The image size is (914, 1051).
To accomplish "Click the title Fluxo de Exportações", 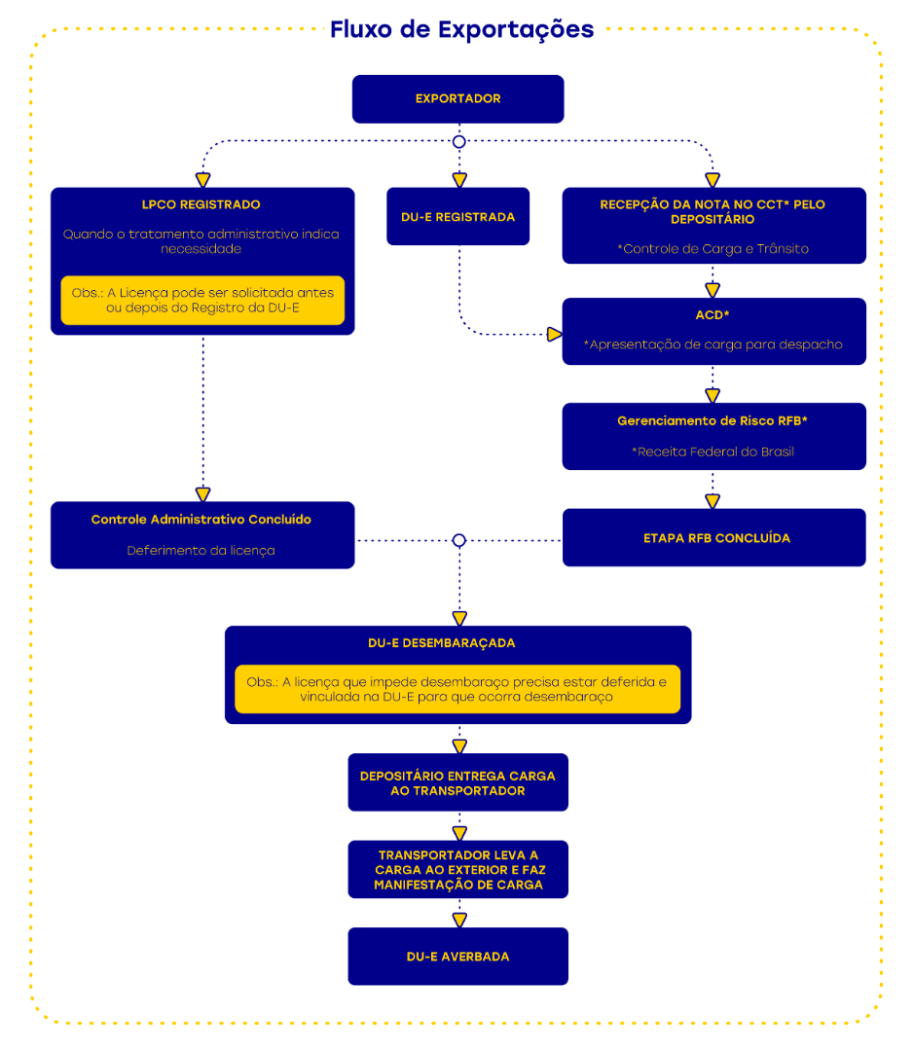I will [x=461, y=29].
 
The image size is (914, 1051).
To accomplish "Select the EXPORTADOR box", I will [x=457, y=98].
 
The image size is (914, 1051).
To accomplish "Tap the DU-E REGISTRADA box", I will [x=457, y=217].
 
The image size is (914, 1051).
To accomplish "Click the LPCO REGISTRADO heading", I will [x=201, y=204].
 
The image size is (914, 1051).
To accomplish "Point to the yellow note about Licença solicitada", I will [x=202, y=300].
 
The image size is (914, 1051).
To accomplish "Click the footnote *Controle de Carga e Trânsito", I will [x=713, y=248].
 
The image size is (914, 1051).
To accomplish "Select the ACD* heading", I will [x=713, y=316].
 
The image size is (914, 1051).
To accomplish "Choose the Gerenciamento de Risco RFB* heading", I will [x=713, y=421].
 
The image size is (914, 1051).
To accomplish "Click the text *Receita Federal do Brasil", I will [x=713, y=452].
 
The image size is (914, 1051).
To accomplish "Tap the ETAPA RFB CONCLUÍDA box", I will [x=713, y=537].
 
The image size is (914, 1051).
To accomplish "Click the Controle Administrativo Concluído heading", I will [x=201, y=520].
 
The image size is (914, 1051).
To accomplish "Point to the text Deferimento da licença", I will [x=201, y=550].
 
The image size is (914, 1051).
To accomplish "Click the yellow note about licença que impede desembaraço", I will [x=457, y=689].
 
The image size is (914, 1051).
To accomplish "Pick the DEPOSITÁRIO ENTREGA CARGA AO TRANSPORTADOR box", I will [x=457, y=782].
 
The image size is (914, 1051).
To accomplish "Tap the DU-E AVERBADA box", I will [x=457, y=957].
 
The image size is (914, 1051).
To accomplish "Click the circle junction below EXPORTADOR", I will [x=459, y=142].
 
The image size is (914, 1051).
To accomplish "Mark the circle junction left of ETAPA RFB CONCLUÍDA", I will [x=459, y=540].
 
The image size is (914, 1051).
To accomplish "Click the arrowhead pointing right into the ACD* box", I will [x=554, y=335].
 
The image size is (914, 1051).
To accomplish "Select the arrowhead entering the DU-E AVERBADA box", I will [x=459, y=919].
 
